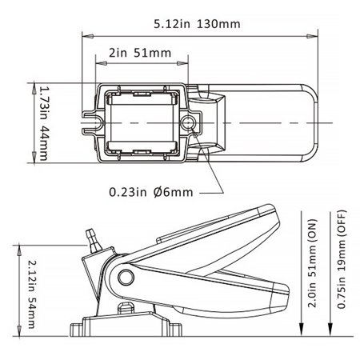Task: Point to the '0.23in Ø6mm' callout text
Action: (x=153, y=192)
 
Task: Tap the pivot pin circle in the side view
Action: (x=125, y=278)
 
